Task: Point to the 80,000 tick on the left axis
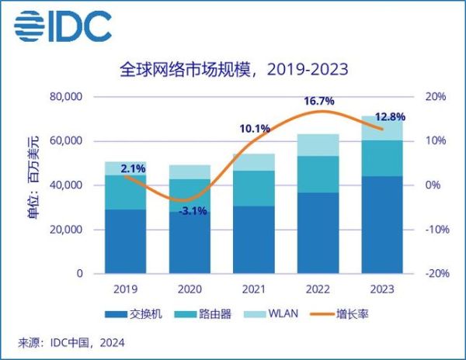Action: coord(65,97)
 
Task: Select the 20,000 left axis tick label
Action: coord(65,230)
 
